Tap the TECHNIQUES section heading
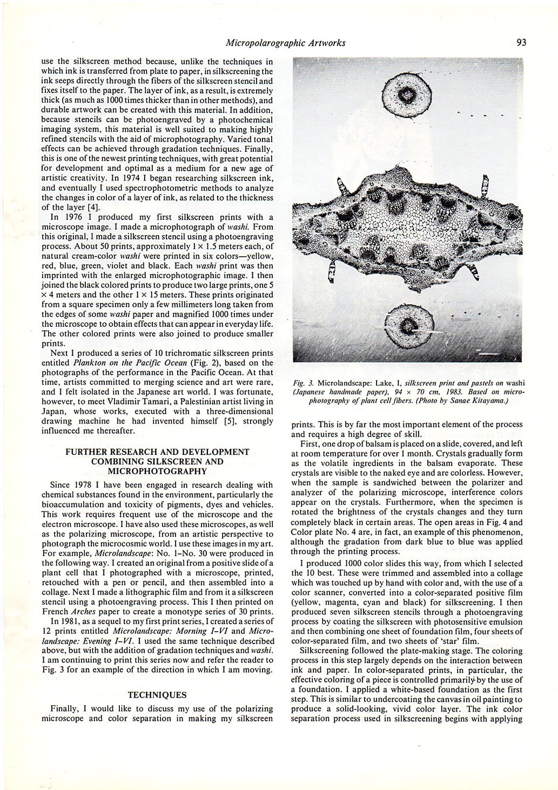[157, 695]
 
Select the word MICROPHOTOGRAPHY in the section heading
[157, 471]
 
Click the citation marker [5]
[218, 421]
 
